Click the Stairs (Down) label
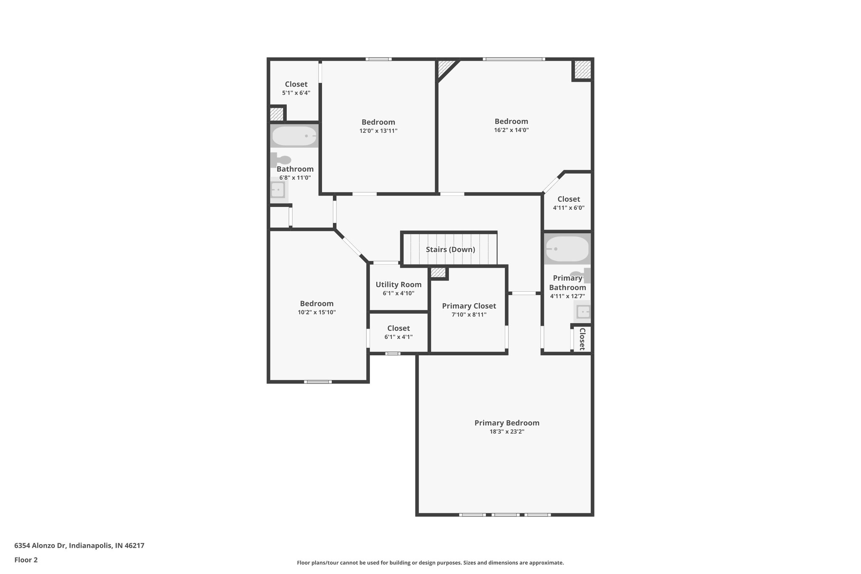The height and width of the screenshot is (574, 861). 450,249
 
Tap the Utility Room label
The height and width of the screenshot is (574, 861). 398,284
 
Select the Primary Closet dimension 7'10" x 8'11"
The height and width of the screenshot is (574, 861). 469,315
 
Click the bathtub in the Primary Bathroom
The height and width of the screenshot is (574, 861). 567,249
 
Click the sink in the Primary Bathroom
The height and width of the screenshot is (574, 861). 583,312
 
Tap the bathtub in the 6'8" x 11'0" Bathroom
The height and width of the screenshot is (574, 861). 294,136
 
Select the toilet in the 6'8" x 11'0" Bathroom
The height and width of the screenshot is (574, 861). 281,160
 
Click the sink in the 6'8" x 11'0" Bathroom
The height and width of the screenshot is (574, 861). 278,190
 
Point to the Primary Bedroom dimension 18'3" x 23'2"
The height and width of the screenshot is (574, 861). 507,431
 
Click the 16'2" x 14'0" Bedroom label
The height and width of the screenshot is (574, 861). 511,122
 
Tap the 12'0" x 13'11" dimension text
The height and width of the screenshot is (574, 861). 378,131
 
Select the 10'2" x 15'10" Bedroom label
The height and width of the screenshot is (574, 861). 317,304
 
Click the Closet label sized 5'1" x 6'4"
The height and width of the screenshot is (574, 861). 296,84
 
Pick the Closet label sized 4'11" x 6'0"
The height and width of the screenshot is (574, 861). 568,199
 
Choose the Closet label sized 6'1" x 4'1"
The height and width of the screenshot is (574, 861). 398,328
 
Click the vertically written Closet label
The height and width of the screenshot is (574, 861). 582,339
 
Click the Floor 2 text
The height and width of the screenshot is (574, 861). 26,560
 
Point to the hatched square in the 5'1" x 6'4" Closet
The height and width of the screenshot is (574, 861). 276,114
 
